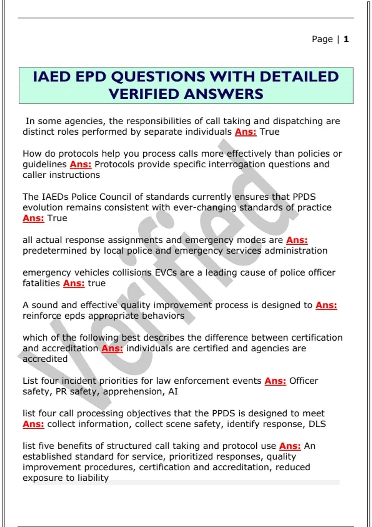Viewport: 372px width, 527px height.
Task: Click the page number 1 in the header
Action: pos(346,39)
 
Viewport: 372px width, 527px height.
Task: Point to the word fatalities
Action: pos(41,283)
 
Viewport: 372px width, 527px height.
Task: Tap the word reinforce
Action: pos(42,316)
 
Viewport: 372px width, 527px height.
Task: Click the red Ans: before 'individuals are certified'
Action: pos(112,348)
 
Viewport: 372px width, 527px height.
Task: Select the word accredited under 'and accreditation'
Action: pos(45,359)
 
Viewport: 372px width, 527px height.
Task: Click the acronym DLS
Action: pos(317,424)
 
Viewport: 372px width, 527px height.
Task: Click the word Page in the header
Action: pos(322,39)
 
